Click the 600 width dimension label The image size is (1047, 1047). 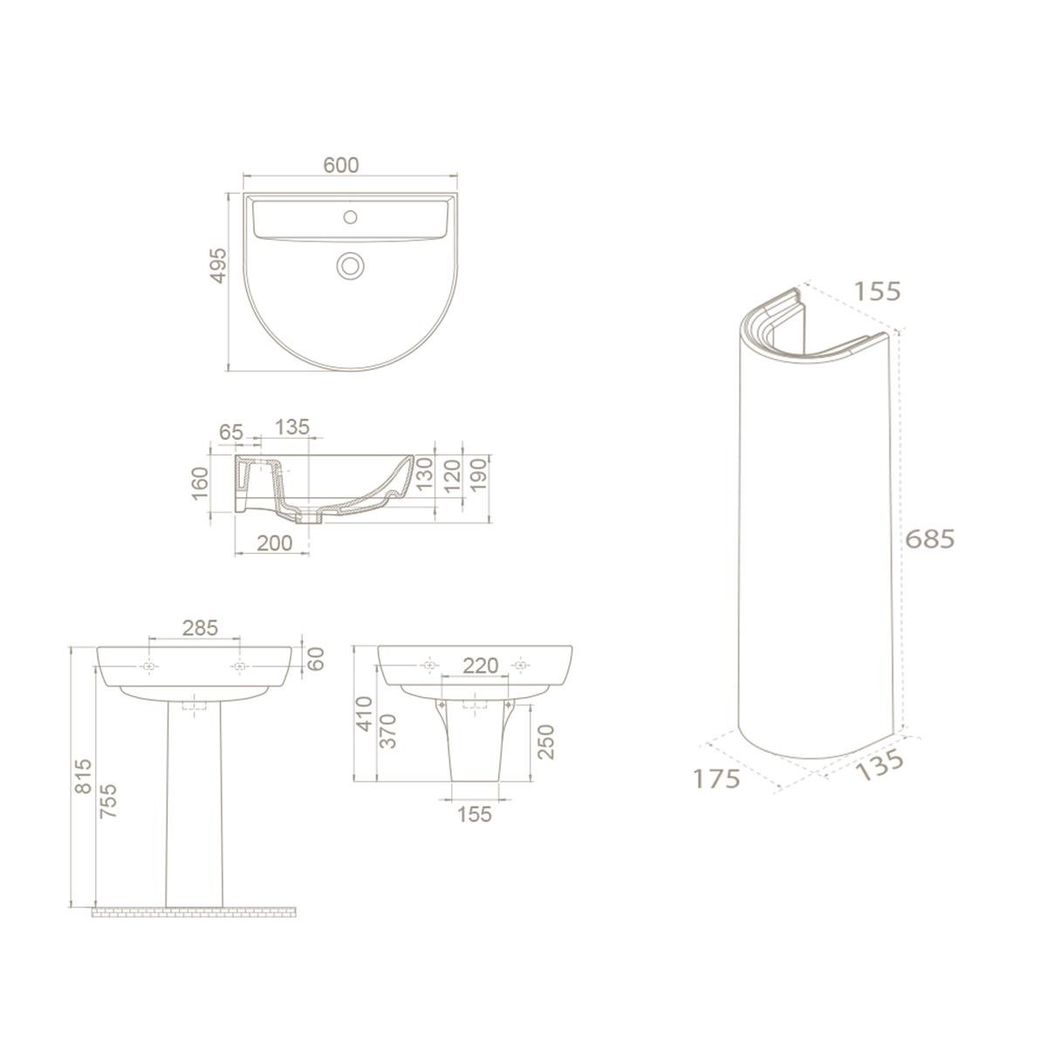(340, 165)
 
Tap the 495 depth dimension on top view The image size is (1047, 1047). (218, 265)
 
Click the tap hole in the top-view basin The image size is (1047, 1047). (351, 216)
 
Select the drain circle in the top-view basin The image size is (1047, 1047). (351, 265)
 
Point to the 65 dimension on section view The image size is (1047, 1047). (231, 432)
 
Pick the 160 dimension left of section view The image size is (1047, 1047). (200, 483)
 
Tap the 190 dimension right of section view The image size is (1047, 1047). (479, 475)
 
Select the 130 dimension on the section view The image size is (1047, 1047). (424, 474)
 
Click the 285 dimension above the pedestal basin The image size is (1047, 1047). (200, 627)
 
